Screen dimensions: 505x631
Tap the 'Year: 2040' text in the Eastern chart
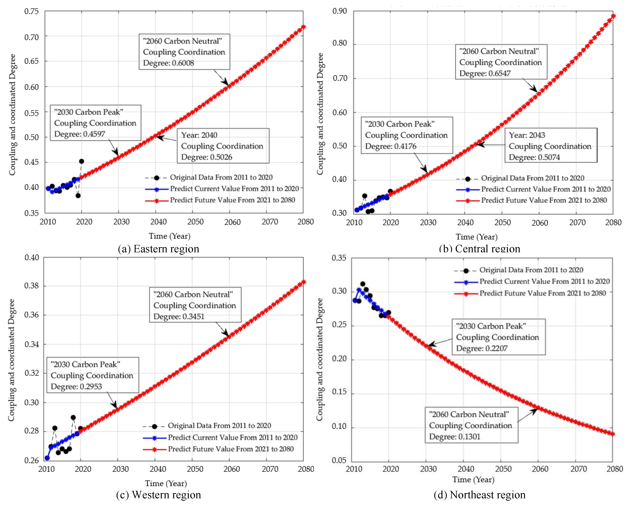point(199,135)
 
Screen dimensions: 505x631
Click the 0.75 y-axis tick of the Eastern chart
point(31,11)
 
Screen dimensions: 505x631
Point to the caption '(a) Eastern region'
point(158,249)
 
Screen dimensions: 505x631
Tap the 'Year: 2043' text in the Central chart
point(527,135)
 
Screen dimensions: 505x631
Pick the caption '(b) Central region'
point(480,249)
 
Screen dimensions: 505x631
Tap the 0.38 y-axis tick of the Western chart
point(31,286)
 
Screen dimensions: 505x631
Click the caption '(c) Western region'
point(158,495)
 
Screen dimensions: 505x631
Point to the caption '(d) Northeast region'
point(479,495)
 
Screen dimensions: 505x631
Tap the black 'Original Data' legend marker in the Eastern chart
point(157,178)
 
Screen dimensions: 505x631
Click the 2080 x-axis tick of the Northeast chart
point(614,469)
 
